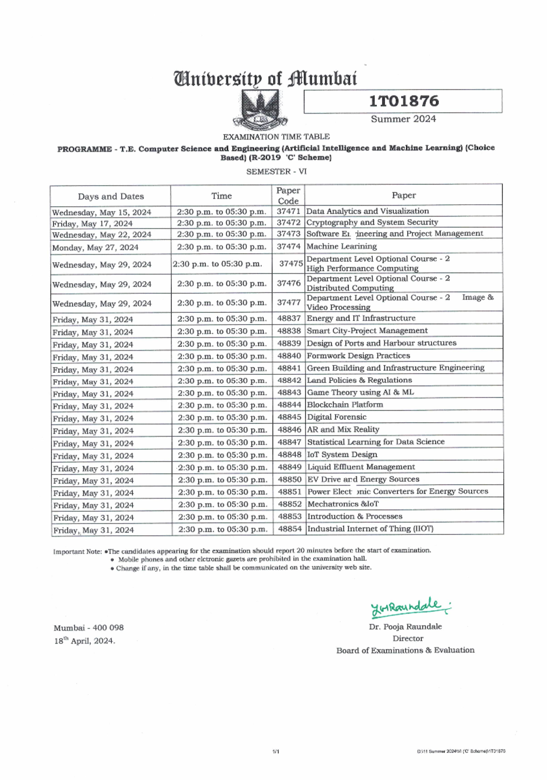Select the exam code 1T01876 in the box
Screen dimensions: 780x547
click(403, 101)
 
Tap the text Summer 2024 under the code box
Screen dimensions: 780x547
click(403, 119)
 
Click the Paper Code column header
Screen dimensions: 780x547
click(288, 196)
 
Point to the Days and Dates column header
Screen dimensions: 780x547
click(111, 196)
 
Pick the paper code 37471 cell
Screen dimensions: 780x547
click(289, 212)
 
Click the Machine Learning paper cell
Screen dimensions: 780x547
click(341, 246)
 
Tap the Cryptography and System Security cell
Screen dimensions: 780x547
click(372, 222)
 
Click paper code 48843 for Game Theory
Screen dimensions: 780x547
click(289, 393)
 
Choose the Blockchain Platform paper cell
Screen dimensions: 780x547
click(345, 405)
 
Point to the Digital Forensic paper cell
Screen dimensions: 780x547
click(336, 417)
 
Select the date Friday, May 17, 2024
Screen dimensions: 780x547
click(93, 224)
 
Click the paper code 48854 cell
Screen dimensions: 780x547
click(290, 529)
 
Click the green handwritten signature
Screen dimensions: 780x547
click(409, 606)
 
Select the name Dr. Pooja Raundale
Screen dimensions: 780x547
click(405, 627)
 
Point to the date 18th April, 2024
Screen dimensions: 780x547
click(85, 641)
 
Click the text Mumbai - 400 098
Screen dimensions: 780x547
click(88, 628)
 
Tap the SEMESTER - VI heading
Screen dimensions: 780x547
click(276, 172)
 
